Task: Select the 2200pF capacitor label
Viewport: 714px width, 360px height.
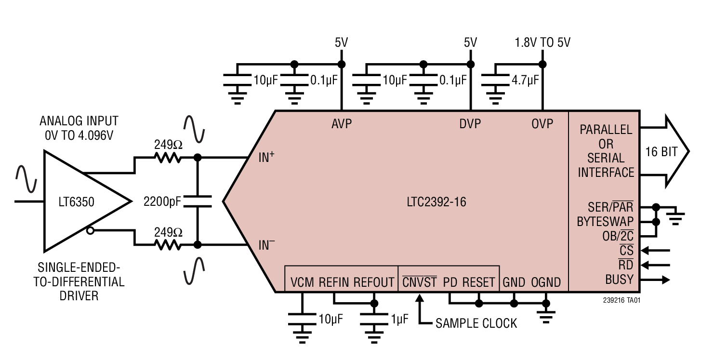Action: pyautogui.click(x=162, y=202)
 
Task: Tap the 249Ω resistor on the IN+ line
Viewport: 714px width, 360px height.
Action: pyautogui.click(x=168, y=157)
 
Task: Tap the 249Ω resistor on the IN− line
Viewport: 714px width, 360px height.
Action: pyautogui.click(x=168, y=245)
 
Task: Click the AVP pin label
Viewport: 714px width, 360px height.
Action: pyautogui.click(x=341, y=124)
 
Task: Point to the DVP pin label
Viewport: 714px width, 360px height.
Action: pyautogui.click(x=470, y=124)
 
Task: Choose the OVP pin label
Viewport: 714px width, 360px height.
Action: pyautogui.click(x=542, y=124)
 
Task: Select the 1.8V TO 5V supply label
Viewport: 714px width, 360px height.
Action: pyautogui.click(x=542, y=43)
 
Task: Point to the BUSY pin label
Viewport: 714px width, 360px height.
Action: pyautogui.click(x=619, y=280)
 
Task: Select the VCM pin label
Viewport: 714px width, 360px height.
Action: pyautogui.click(x=302, y=282)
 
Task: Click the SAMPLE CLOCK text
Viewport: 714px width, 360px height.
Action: pyautogui.click(x=476, y=323)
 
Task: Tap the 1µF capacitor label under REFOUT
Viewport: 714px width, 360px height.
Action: pyautogui.click(x=399, y=319)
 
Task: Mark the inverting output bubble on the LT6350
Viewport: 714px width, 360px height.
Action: pyautogui.click(x=90, y=231)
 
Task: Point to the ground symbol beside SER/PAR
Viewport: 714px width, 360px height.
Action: pyautogui.click(x=676, y=217)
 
